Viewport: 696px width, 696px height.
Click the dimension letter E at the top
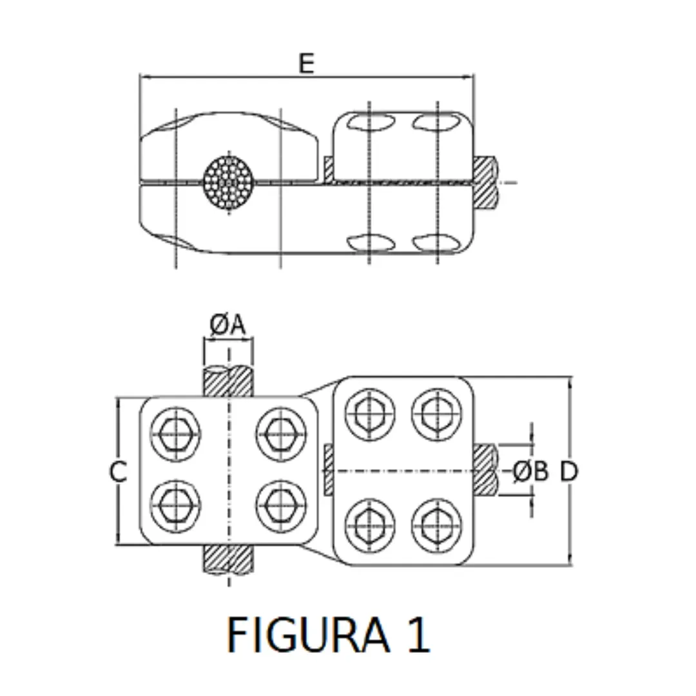click(306, 63)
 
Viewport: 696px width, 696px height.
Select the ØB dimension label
click(531, 472)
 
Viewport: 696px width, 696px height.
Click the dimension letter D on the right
click(568, 472)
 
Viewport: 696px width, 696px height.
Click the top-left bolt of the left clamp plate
click(175, 434)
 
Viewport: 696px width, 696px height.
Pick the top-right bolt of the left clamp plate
click(280, 434)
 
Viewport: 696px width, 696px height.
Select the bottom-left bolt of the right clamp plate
click(370, 527)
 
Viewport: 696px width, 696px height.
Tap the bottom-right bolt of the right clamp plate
click(438, 527)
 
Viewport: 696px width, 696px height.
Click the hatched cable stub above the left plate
click(227, 382)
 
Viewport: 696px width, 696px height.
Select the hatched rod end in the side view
click(486, 182)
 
